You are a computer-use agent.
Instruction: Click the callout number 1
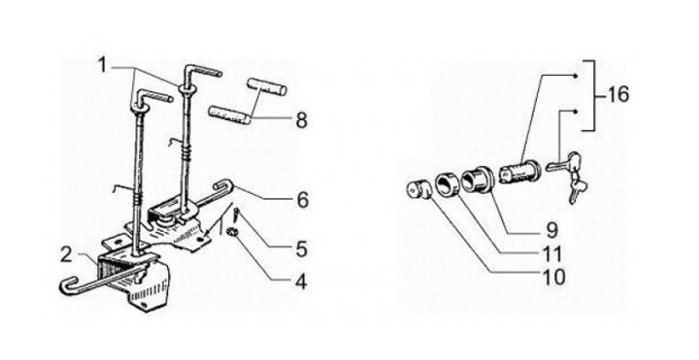point(103,65)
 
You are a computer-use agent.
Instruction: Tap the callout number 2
point(66,255)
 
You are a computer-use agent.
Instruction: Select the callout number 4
point(302,281)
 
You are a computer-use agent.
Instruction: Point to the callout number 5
point(302,249)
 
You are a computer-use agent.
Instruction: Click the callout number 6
point(302,200)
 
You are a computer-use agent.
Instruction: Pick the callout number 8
point(302,120)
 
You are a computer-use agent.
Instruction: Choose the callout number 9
point(551,230)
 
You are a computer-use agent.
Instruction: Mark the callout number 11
point(552,254)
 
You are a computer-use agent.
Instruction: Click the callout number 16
point(617,94)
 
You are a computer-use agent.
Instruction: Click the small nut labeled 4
point(231,232)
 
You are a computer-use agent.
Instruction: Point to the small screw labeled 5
point(236,217)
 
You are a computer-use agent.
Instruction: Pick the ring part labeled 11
point(447,183)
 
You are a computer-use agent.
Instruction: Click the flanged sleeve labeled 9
point(476,180)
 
